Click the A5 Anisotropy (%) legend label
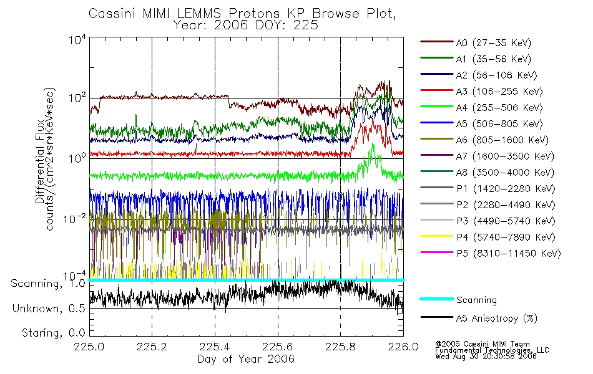pos(496,319)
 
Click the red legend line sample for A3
pos(436,92)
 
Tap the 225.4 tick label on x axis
pos(215,347)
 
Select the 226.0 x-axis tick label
pos(403,347)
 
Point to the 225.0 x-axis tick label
pos(89,347)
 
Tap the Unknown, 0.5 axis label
pos(51,309)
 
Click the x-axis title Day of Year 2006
pos(246,359)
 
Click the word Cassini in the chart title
pos(112,14)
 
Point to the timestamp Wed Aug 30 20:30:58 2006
pos(486,357)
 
